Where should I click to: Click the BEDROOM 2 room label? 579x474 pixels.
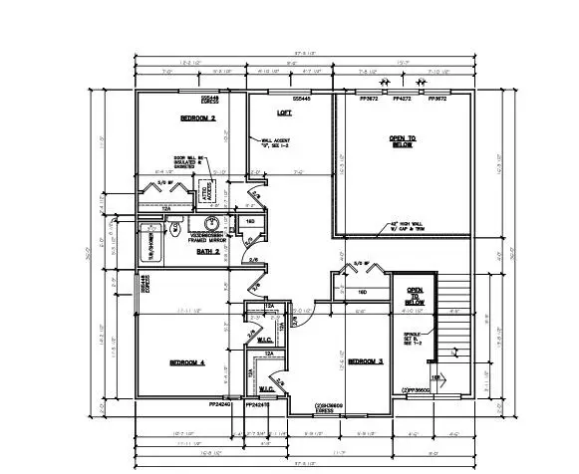pyautogui.click(x=198, y=118)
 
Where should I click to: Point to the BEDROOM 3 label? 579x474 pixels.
pyautogui.click(x=366, y=361)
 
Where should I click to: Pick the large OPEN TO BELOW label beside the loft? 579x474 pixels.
pyautogui.click(x=403, y=140)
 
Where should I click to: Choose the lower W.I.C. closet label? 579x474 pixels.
pyautogui.click(x=267, y=387)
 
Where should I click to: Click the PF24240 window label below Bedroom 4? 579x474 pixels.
pyautogui.click(x=220, y=405)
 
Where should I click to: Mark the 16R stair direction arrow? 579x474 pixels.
pyautogui.click(x=436, y=378)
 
